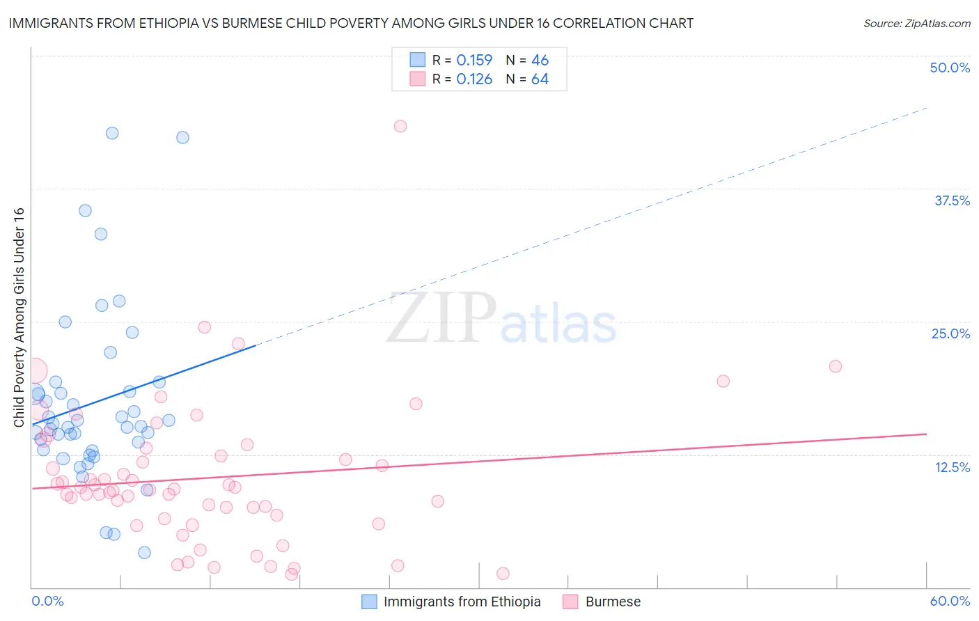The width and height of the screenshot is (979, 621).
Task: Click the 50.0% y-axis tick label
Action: [x=950, y=68]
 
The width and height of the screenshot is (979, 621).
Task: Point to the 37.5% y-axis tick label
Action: [x=952, y=201]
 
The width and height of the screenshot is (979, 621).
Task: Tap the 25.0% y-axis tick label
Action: [x=950, y=333]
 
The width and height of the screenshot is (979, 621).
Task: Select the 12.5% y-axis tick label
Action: [x=952, y=467]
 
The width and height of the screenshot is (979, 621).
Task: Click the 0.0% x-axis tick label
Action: [x=47, y=601]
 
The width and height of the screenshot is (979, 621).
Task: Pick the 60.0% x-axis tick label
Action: [x=950, y=601]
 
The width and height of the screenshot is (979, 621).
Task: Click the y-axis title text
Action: [x=19, y=317]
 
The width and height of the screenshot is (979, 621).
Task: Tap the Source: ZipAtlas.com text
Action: [x=916, y=23]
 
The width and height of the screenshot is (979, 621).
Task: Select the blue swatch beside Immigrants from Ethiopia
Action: [x=369, y=602]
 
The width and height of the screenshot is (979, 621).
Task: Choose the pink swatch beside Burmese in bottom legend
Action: [x=571, y=602]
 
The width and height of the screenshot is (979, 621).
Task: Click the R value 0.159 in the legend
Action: [x=474, y=61]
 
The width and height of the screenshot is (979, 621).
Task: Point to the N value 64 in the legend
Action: [x=540, y=79]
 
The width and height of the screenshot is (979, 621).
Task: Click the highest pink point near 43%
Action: [x=400, y=126]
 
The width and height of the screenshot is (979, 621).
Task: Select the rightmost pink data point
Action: [x=836, y=366]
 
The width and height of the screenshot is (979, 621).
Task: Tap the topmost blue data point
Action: [x=112, y=133]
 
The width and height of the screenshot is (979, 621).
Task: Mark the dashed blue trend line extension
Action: [x=592, y=226]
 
